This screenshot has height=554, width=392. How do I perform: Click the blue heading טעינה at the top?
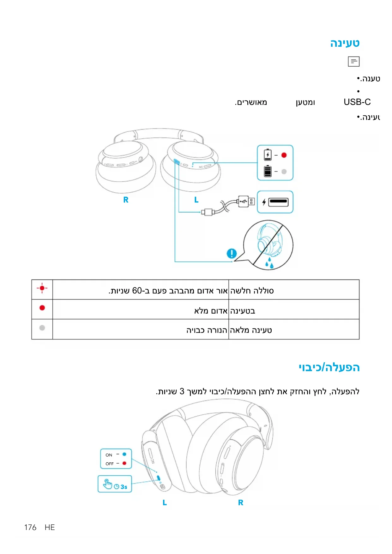[345, 43]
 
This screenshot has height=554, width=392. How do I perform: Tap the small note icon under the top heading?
[353, 61]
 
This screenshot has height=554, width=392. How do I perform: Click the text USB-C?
[357, 102]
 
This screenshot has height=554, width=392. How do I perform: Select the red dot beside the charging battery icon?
[284, 155]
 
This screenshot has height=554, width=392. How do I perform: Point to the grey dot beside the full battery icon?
[284, 172]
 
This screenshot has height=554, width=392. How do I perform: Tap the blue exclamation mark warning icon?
[232, 253]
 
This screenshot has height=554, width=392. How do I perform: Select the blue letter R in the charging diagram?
[126, 200]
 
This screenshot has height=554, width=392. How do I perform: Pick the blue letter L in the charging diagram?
[196, 200]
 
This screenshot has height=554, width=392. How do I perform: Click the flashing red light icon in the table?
[42, 288]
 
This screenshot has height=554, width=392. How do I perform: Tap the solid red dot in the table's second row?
[42, 308]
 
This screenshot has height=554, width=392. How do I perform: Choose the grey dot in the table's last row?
[42, 328]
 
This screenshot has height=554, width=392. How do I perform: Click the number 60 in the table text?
[137, 291]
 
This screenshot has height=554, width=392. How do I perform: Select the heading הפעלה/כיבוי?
[329, 367]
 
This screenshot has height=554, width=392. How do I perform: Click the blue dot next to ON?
[124, 454]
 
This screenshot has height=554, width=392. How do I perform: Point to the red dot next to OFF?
[124, 463]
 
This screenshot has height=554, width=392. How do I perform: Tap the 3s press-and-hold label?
[124, 487]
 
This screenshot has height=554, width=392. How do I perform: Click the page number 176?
[30, 527]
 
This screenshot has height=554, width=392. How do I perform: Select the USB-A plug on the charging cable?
[246, 201]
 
